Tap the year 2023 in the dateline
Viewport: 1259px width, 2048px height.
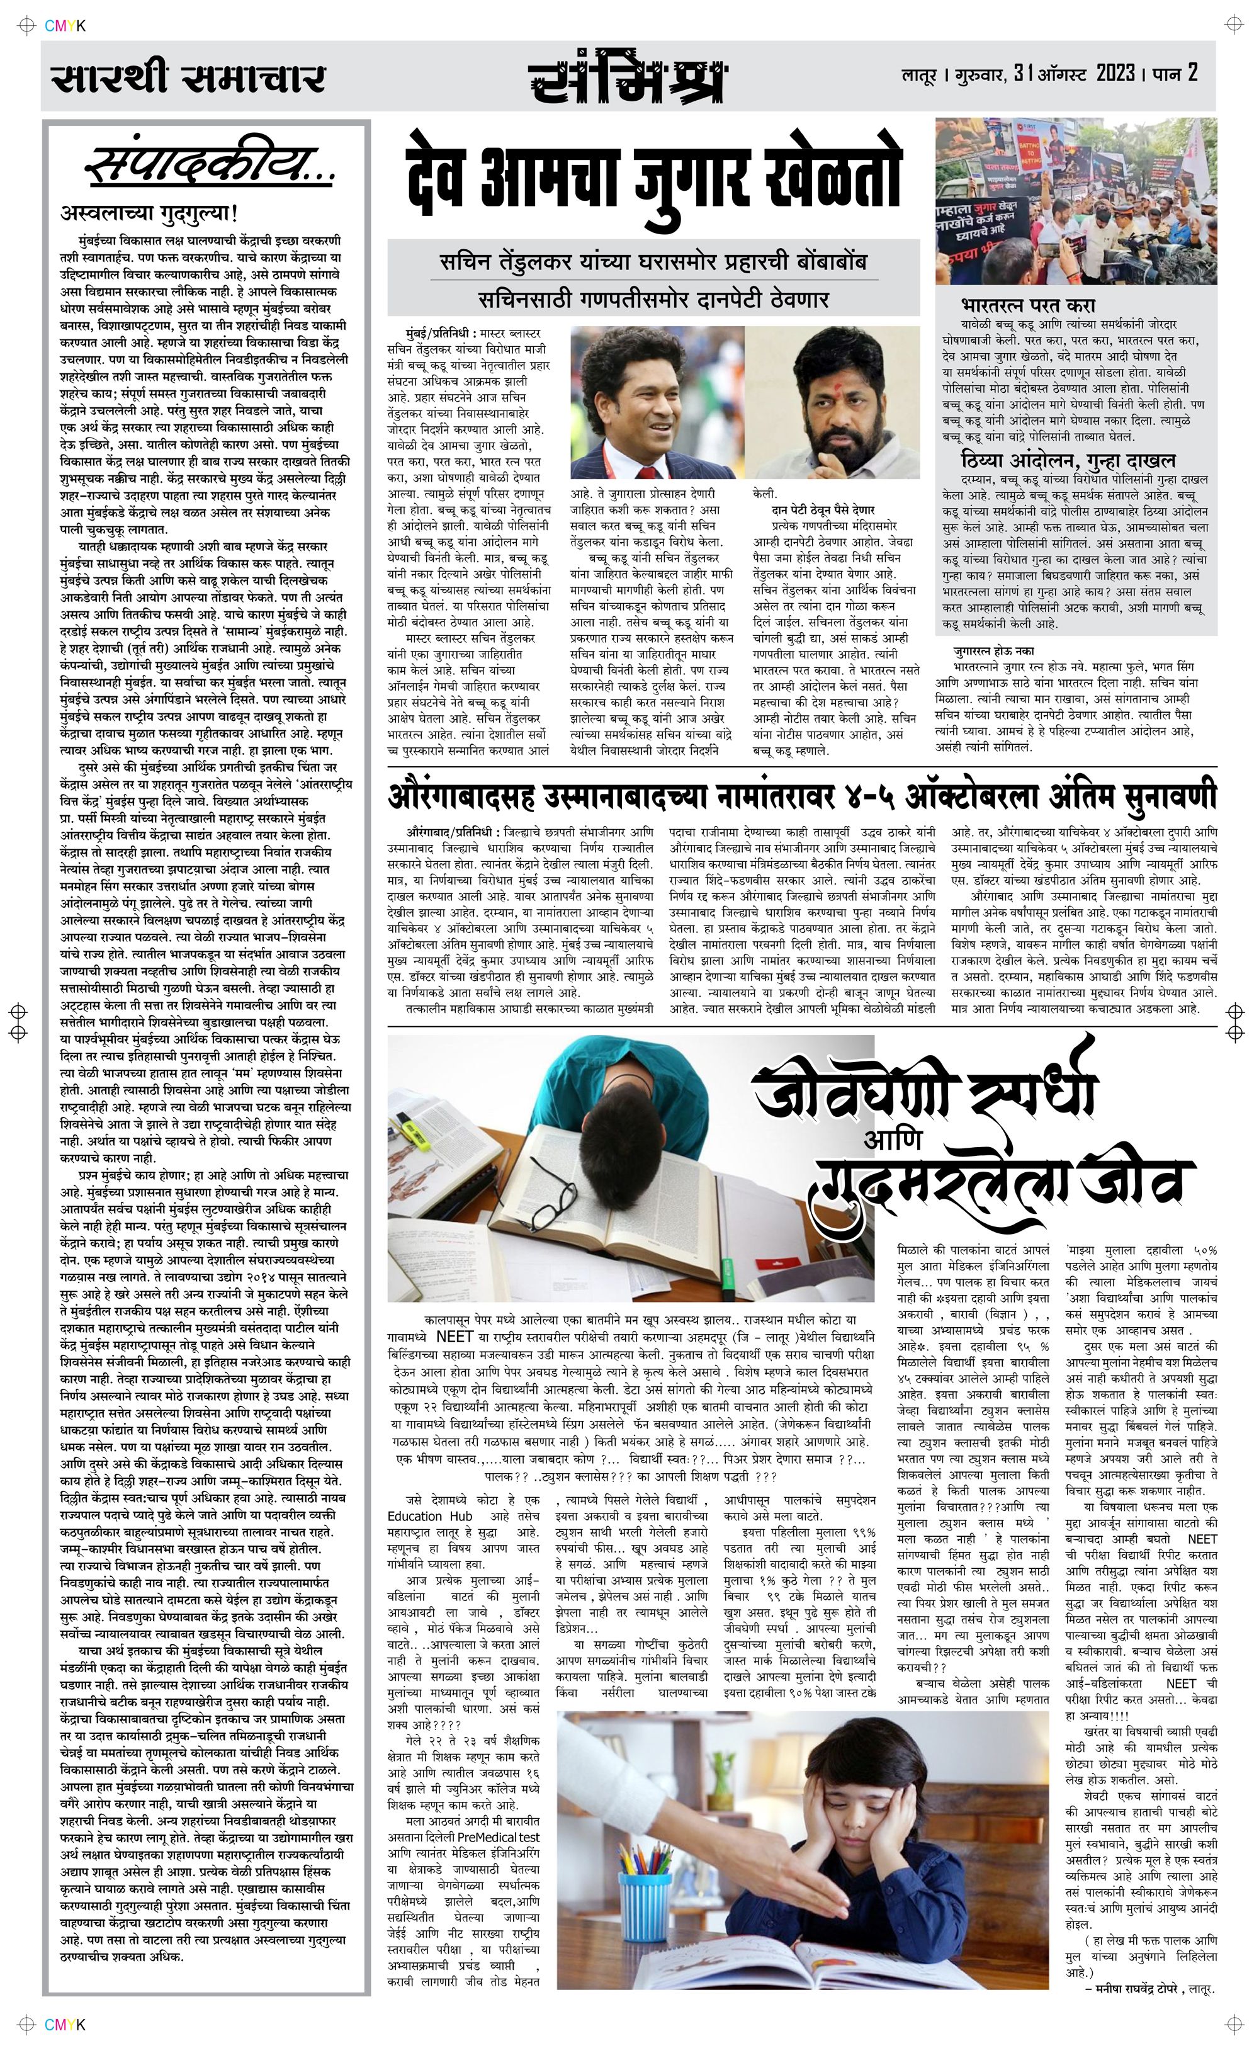1115,73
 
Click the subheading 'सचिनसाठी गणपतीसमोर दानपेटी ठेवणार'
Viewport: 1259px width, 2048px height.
653,299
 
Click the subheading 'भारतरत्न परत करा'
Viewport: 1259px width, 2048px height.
1027,305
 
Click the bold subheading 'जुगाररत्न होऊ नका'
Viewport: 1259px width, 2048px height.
993,650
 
